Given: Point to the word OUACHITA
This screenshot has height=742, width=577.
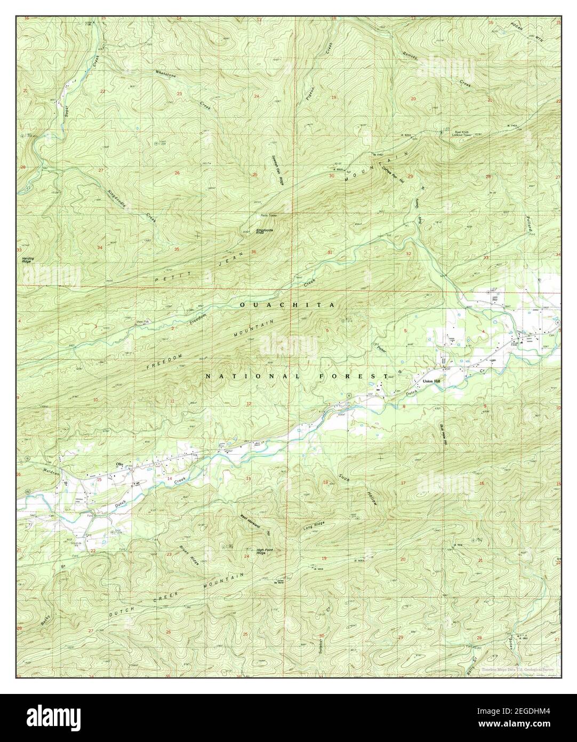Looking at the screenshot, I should pos(287,305).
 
